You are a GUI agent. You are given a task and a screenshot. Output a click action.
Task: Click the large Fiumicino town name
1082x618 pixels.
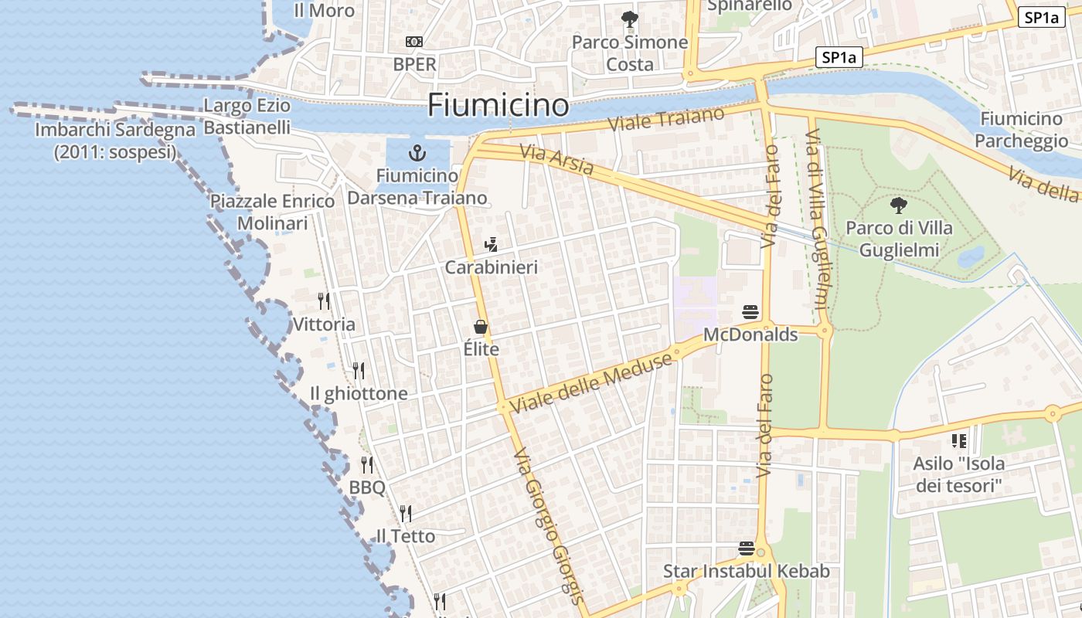tap(498, 104)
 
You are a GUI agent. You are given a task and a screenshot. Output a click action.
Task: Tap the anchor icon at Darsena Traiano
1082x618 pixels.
tap(417, 152)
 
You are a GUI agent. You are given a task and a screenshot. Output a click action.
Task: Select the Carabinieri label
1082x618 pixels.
tap(491, 267)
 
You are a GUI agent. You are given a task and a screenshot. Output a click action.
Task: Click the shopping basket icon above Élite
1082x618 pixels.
tap(481, 327)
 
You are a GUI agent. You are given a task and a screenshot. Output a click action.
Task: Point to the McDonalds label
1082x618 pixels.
tap(750, 334)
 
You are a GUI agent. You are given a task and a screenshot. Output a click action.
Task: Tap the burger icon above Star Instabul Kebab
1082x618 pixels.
tap(747, 548)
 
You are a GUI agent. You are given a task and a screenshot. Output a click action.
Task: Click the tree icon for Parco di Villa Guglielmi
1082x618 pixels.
tap(898, 205)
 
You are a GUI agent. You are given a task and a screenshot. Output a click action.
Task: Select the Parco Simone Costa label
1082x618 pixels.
tap(630, 53)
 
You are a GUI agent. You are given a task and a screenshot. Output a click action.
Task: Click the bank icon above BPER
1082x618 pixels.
tap(414, 42)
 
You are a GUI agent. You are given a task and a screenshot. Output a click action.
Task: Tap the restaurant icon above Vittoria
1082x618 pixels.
tap(324, 301)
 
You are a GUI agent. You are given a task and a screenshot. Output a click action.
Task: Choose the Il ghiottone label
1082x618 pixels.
tap(359, 393)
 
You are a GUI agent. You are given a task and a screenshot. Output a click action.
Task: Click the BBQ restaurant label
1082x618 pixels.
tap(367, 487)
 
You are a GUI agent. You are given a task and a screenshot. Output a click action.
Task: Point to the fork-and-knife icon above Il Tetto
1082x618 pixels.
tap(405, 513)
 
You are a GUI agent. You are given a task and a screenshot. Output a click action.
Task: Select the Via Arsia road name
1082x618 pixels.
tap(557, 159)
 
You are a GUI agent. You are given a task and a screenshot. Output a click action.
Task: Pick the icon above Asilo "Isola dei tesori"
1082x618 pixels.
tap(959, 441)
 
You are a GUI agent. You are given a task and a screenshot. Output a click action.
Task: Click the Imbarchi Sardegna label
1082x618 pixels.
tap(115, 141)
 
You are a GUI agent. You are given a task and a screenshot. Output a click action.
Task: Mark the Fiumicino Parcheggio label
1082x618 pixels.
tap(1021, 129)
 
